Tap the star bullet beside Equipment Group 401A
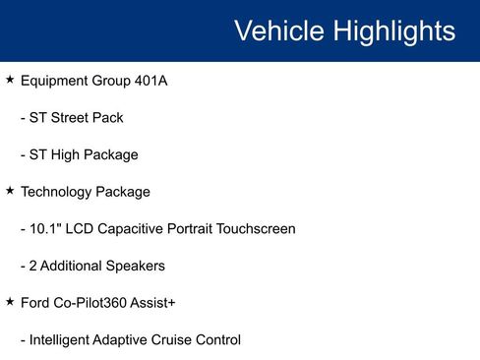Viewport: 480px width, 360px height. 10,80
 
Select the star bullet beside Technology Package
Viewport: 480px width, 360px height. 10,191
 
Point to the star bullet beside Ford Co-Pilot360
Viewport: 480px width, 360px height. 10,303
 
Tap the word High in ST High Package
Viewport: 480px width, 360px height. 69,154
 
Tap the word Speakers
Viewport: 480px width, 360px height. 136,266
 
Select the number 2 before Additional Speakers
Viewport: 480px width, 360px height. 33,266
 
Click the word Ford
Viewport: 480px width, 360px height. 36,303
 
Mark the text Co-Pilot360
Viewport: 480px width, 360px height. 96,303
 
